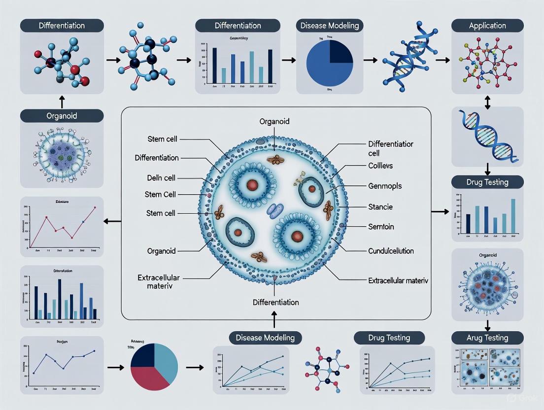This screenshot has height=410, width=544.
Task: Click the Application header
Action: tap(487, 26)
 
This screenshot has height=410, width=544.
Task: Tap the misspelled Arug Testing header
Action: tap(487, 338)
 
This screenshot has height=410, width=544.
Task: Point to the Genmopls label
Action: tap(385, 186)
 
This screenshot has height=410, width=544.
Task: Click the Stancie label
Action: tap(380, 206)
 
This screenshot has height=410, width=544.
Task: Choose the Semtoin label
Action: tap(381, 227)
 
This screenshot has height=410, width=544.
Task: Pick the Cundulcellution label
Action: tap(391, 251)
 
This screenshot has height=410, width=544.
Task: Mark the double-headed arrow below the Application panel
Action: tap(487, 102)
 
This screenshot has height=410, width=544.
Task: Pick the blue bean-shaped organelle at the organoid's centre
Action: tap(272, 211)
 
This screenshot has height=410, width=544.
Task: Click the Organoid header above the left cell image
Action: tap(62, 116)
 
